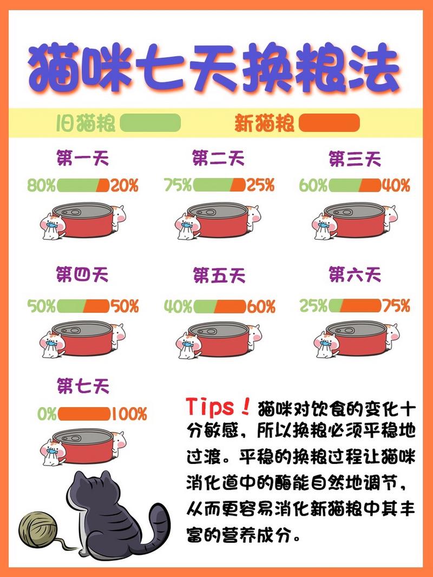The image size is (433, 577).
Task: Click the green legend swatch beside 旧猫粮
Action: point(150,123)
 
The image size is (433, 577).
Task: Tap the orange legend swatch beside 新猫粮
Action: point(329,123)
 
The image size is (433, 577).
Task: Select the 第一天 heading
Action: point(83,159)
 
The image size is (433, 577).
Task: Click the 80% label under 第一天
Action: point(41,186)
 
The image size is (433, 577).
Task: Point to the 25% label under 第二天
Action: point(260,186)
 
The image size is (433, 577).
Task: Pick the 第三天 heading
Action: point(355,159)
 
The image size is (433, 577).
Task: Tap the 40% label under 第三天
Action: point(396,186)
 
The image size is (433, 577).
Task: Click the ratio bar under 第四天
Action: point(83,306)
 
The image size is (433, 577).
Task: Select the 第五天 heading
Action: point(219,276)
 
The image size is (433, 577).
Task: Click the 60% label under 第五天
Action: point(261,307)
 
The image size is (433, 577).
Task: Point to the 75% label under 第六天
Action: point(396,306)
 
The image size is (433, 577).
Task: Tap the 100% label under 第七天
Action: point(129,415)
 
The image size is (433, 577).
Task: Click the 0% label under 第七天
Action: point(47,415)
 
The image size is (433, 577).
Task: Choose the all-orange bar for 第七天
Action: point(84,415)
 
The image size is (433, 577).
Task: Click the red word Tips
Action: point(212,407)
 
